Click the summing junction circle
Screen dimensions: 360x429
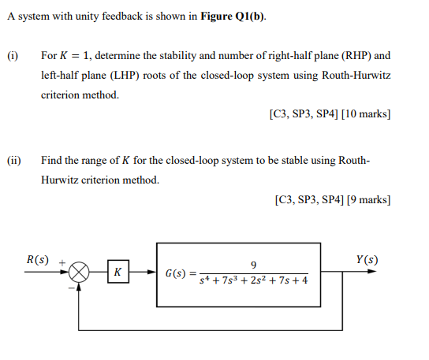(x=78, y=273)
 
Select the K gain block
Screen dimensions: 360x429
(x=117, y=273)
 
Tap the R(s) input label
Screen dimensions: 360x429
(x=37, y=259)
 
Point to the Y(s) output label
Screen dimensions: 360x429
(x=367, y=259)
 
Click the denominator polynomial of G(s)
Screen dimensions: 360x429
(x=253, y=281)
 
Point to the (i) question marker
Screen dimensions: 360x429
(x=13, y=56)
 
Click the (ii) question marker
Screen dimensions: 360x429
(x=14, y=161)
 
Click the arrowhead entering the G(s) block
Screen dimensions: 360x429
(x=151, y=273)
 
